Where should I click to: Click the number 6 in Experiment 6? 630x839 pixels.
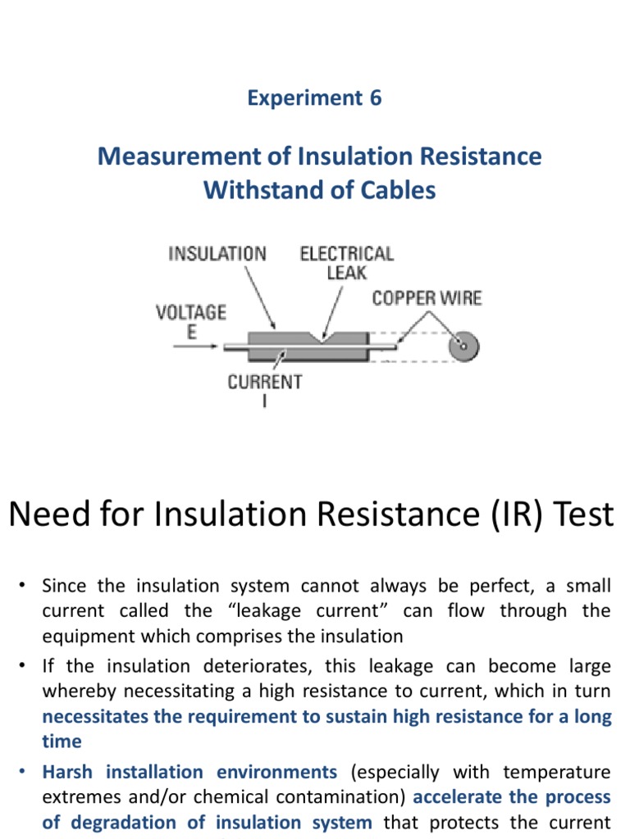374,98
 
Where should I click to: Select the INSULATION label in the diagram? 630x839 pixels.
217,254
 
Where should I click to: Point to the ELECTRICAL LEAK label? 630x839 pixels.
346,262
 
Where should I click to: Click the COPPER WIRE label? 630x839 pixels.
427,298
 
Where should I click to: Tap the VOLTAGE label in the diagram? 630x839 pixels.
191,311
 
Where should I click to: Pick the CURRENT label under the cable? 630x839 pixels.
264,382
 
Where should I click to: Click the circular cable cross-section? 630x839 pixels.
463,347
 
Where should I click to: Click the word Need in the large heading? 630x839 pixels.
44,515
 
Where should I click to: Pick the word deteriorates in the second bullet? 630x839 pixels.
257,666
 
